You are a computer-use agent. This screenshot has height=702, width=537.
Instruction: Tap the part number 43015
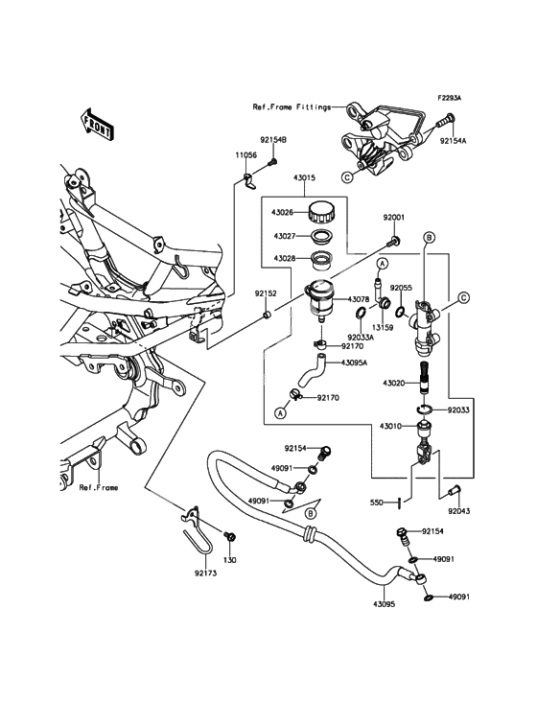click(x=304, y=177)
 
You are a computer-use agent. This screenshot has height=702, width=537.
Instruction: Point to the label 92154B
click(x=273, y=140)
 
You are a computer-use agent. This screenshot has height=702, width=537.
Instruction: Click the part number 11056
click(x=246, y=155)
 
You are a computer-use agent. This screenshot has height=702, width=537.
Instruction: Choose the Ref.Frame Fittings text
click(x=292, y=107)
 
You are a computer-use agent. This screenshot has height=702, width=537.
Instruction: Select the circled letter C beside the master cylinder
click(x=463, y=297)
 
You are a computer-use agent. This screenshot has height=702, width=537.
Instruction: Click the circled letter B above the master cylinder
click(x=428, y=237)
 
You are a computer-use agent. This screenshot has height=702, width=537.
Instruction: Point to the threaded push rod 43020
click(x=424, y=378)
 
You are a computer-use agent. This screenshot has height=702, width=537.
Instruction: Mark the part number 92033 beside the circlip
click(x=458, y=410)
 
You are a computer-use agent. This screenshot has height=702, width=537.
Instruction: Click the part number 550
click(x=377, y=503)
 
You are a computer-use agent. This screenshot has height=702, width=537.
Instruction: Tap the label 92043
click(x=459, y=511)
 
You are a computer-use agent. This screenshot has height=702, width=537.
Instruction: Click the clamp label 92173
click(x=206, y=573)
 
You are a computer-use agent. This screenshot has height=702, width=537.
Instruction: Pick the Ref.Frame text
click(x=99, y=487)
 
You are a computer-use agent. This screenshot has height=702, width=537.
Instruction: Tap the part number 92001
click(x=394, y=218)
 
